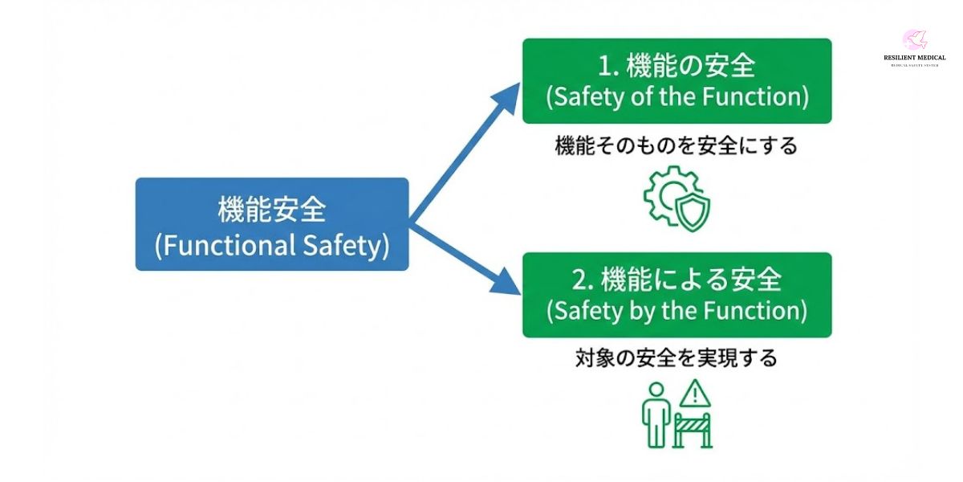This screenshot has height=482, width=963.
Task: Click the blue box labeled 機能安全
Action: tap(272, 224)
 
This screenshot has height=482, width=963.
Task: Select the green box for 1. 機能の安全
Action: tap(677, 80)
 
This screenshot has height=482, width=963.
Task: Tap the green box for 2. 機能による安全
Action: tap(677, 295)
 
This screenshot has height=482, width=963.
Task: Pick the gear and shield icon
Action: tap(677, 198)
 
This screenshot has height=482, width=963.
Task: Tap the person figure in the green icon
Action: tap(656, 413)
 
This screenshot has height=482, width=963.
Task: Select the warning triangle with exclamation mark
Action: tap(695, 394)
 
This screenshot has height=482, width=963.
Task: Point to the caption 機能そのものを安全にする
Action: tap(676, 146)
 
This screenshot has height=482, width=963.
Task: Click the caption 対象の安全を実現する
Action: tap(676, 357)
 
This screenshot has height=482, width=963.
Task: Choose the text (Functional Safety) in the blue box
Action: tap(272, 245)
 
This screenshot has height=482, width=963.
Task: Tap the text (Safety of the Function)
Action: tap(677, 97)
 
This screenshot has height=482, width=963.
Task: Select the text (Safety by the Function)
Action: tap(677, 311)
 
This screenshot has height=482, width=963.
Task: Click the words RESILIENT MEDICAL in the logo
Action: tap(909, 58)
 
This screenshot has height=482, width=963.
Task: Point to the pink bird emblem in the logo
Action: tap(914, 39)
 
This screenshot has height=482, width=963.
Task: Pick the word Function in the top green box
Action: tap(756, 97)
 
